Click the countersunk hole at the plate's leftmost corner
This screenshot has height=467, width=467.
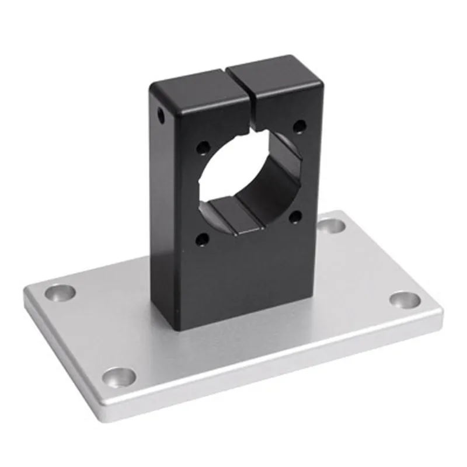point(60,291)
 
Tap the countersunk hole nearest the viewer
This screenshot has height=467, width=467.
point(119,377)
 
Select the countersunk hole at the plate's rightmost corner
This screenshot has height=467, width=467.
point(405,300)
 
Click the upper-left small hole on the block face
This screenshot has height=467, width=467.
point(202,148)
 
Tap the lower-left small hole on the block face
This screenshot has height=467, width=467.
point(202,238)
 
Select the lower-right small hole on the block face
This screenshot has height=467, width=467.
point(295,217)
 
